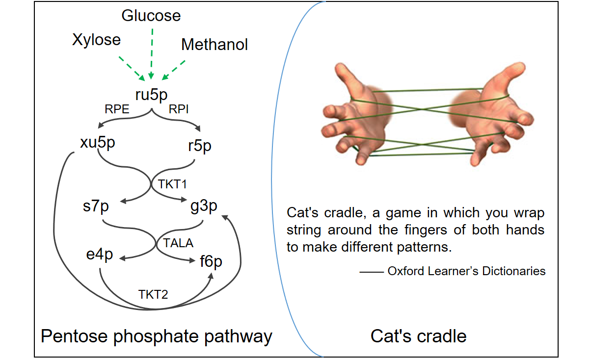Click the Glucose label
click(x=151, y=16)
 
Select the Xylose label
click(x=96, y=40)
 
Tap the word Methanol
click(x=214, y=44)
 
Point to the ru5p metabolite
click(x=151, y=95)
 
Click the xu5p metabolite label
click(x=98, y=143)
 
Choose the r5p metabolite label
click(x=200, y=146)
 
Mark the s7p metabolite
click(x=96, y=206)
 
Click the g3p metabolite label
click(x=204, y=206)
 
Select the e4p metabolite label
click(x=100, y=255)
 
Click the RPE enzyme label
click(x=117, y=109)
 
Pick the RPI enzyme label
click(x=179, y=109)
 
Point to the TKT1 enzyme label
click(x=172, y=184)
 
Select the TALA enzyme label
click(x=178, y=243)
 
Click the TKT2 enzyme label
click(x=153, y=294)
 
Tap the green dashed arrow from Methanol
click(x=173, y=70)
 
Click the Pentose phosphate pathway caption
click(x=157, y=337)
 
